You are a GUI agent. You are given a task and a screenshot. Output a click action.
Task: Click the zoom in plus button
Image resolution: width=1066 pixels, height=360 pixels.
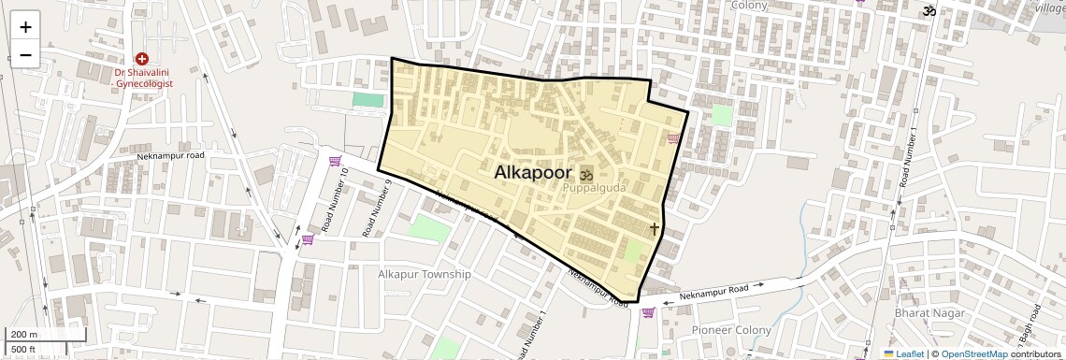[x=25, y=27]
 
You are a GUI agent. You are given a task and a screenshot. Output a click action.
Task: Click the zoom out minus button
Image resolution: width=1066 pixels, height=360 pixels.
[x=25, y=55]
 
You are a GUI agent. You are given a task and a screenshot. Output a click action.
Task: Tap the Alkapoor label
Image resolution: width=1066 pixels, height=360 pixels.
[x=533, y=173]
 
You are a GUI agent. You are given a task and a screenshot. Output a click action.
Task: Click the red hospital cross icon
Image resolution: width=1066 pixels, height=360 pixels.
[x=142, y=59]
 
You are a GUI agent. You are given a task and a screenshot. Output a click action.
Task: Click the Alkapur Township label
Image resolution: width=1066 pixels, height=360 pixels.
[x=424, y=274]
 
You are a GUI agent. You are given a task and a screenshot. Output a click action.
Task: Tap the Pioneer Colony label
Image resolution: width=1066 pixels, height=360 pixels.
[x=731, y=330]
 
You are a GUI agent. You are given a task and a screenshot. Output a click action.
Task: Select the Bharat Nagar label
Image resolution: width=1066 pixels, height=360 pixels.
[x=929, y=313]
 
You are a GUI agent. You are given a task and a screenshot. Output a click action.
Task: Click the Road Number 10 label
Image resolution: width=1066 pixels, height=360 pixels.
[x=335, y=200]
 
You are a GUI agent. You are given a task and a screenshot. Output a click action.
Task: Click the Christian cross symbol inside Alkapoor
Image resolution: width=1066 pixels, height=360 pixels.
[x=654, y=227]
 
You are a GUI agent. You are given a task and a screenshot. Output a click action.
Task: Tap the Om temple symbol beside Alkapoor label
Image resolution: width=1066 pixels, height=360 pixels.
[x=587, y=175]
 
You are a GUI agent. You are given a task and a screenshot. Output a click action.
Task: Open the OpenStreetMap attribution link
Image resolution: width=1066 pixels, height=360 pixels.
[x=973, y=353]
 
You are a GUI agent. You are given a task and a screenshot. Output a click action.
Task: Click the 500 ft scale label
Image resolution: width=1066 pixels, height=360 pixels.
[x=23, y=350]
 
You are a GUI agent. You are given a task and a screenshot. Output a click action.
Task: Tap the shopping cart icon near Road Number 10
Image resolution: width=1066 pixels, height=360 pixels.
[x=334, y=162]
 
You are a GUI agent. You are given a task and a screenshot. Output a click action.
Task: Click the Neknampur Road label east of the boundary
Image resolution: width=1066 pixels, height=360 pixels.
[x=714, y=293]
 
